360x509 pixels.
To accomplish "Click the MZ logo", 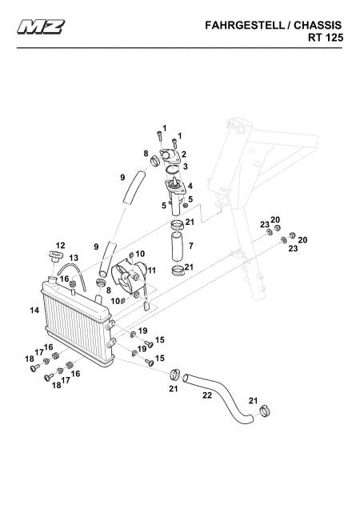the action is tap(42, 26).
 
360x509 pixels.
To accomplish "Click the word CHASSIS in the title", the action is tap(318, 26).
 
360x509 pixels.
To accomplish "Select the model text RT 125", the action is tap(326, 38).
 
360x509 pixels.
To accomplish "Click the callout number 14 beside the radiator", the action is tap(34, 311).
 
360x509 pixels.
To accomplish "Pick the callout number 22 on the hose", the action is tap(207, 395).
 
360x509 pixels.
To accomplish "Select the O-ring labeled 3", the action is tap(172, 170).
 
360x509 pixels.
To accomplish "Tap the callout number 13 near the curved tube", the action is tap(74, 258).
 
